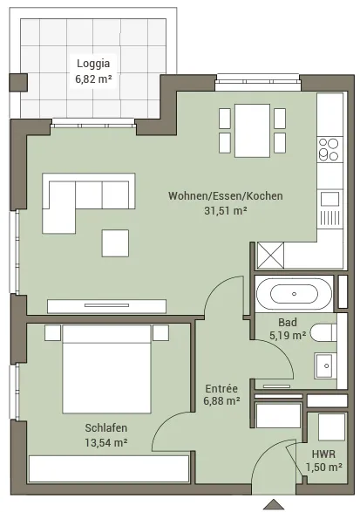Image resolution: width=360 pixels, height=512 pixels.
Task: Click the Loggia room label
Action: pos(93,64)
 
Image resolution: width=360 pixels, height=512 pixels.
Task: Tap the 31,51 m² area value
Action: pos(225,210)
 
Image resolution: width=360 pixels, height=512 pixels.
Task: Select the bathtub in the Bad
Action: pos(294,294)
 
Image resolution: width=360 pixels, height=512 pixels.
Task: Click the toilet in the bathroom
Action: pos(323,332)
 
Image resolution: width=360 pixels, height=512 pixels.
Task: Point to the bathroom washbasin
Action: pos(325,365)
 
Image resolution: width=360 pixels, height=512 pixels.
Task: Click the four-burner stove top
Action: pos(329,149)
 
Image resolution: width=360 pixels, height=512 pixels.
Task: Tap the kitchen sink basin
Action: pos(329,199)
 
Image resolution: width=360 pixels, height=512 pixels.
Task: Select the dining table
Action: pos(252,131)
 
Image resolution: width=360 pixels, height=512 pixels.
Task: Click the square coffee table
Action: pos(115,243)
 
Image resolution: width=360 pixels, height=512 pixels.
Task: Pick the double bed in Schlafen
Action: pos(106,369)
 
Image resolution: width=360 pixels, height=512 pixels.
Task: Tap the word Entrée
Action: pos(221,388)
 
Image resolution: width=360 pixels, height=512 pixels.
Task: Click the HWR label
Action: pos(323,454)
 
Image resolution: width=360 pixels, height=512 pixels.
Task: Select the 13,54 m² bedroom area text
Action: pos(106,443)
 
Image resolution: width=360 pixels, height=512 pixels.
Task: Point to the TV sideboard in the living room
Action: pos(106,306)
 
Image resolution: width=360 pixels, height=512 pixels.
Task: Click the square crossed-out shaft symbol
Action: pos(270,256)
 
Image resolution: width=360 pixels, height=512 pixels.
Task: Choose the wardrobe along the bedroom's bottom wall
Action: pos(109,468)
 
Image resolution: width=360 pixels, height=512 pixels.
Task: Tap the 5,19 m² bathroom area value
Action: pos(288,335)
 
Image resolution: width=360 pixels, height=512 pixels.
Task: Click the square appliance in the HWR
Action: pos(331,427)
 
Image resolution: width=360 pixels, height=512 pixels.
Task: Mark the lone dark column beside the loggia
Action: pos(18,82)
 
